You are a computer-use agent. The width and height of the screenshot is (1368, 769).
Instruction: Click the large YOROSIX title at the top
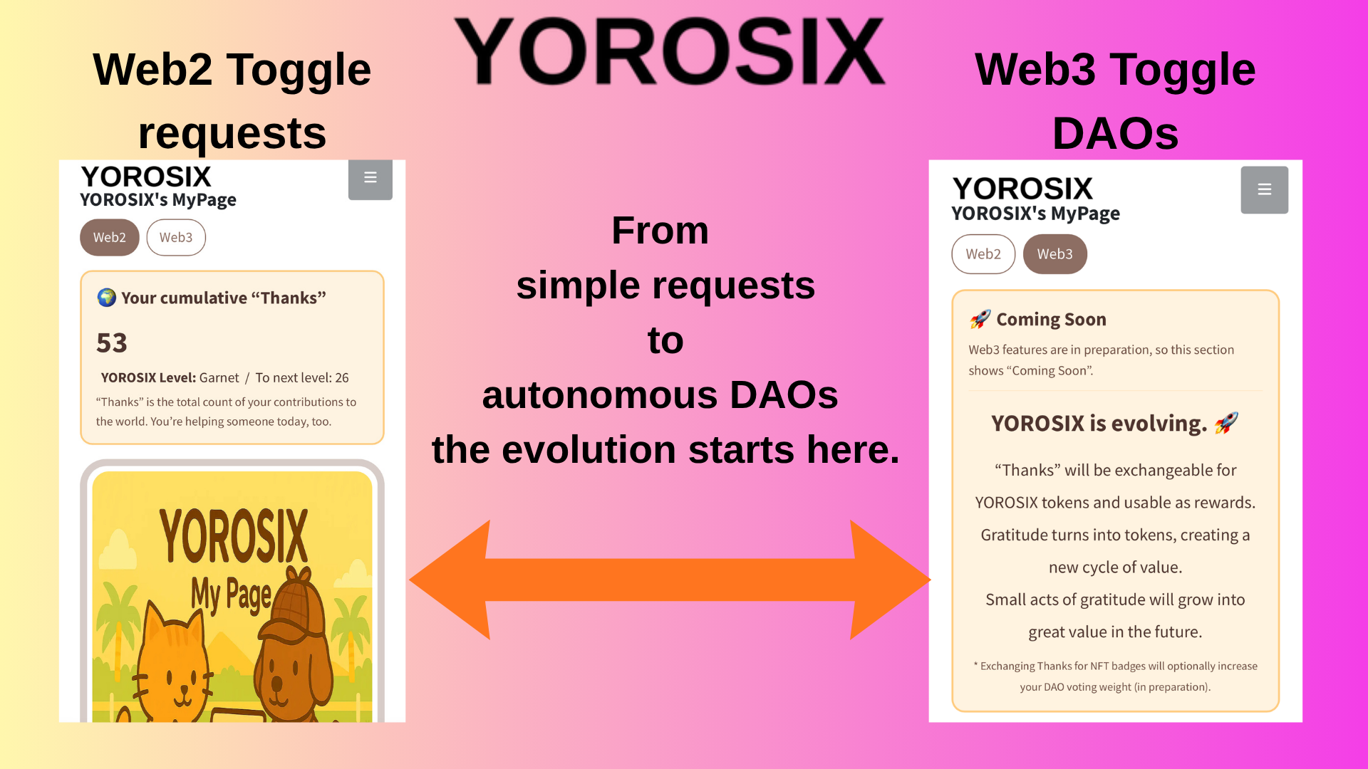coord(670,51)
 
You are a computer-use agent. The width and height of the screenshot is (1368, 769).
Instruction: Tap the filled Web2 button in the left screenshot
coord(110,237)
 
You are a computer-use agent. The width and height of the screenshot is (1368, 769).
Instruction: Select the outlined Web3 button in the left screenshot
coord(176,237)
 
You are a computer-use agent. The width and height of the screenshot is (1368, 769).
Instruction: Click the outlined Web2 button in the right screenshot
coord(983,254)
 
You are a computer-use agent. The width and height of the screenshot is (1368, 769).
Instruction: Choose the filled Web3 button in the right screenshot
coord(1055,254)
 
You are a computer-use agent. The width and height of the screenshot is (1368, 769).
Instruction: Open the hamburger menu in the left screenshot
coord(370,178)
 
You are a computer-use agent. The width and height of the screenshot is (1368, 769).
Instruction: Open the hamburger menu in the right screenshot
coord(1265,189)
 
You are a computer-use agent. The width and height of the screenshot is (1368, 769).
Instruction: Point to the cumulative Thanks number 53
coord(112,343)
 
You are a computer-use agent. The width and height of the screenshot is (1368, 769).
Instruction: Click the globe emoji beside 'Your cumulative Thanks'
coord(107,297)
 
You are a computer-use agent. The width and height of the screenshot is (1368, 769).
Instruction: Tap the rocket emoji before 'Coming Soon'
coord(980,319)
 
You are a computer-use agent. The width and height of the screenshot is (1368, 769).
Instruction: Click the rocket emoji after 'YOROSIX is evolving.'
coord(1226,423)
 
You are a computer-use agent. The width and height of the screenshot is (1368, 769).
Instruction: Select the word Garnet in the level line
coord(219,377)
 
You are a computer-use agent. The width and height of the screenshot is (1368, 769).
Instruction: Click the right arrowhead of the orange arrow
coord(890,580)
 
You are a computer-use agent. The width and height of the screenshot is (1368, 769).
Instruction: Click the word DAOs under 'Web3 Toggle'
coord(1116,133)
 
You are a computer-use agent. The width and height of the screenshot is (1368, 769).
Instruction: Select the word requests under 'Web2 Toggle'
coord(232,134)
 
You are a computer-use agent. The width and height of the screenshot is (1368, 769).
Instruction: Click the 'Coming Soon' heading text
coord(1051,319)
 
